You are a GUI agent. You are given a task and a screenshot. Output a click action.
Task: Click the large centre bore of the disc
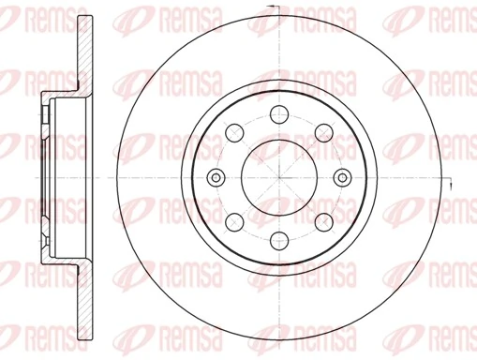pos(279,178)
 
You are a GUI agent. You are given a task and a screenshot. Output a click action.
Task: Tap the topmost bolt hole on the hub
pos(279,115)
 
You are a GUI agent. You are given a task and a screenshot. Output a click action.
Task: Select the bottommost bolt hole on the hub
pos(279,241)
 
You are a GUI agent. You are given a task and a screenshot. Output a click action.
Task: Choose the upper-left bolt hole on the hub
pos(234,134)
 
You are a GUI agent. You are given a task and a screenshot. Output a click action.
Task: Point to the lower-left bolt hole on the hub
pos(234,222)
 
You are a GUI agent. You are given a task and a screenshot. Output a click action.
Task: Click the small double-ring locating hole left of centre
pos(215,178)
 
